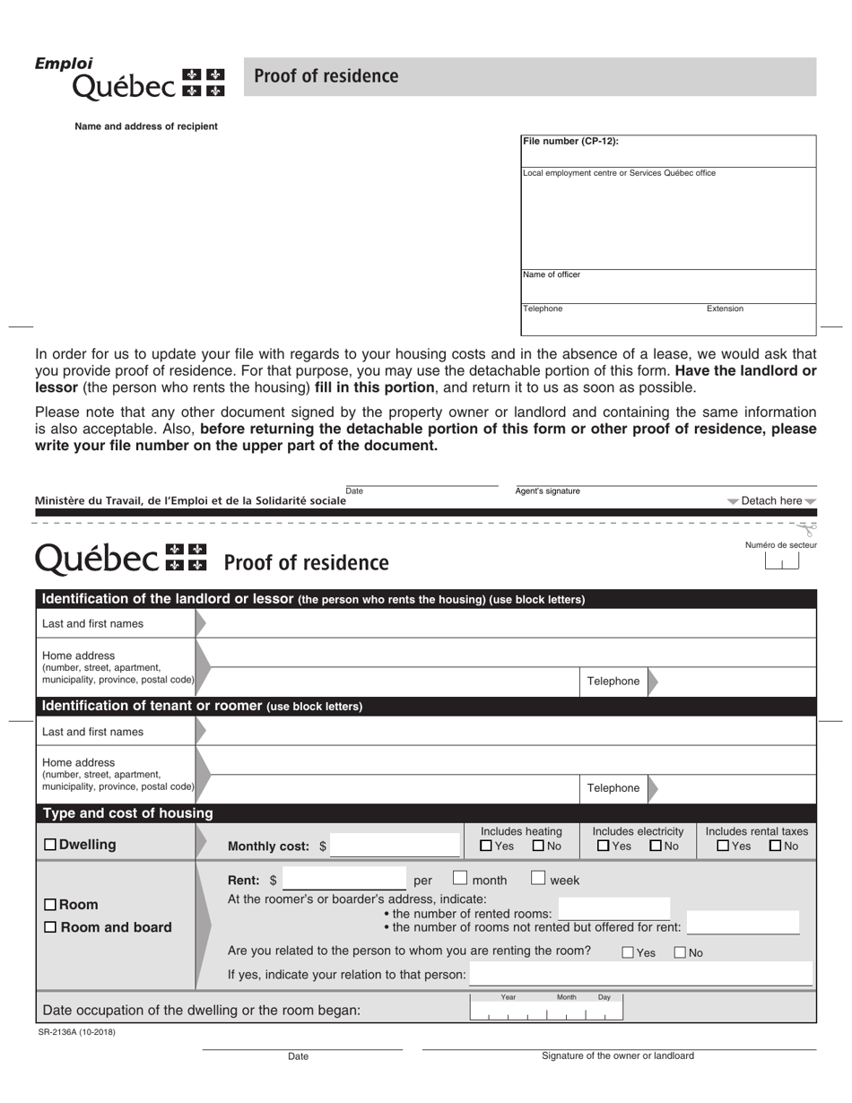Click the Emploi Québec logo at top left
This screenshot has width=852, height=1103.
click(129, 78)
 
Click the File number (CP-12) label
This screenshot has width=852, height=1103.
click(570, 142)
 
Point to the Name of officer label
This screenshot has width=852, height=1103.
click(552, 274)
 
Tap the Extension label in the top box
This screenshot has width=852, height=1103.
click(725, 308)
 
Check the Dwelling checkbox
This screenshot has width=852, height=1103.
click(49, 845)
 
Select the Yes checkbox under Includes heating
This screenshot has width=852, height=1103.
click(486, 846)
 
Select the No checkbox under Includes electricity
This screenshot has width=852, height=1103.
click(656, 846)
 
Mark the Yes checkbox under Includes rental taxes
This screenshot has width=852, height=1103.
click(723, 846)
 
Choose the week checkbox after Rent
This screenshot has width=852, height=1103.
click(538, 879)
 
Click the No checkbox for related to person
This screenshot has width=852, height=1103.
click(680, 953)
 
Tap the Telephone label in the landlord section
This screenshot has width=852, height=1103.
click(613, 682)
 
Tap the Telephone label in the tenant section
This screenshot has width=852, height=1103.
click(613, 788)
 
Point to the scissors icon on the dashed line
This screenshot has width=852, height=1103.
click(809, 529)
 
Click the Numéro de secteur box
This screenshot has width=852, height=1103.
click(781, 562)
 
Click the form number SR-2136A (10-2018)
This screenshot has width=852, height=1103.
click(77, 1032)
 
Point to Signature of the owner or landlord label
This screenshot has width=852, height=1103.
click(618, 1056)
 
